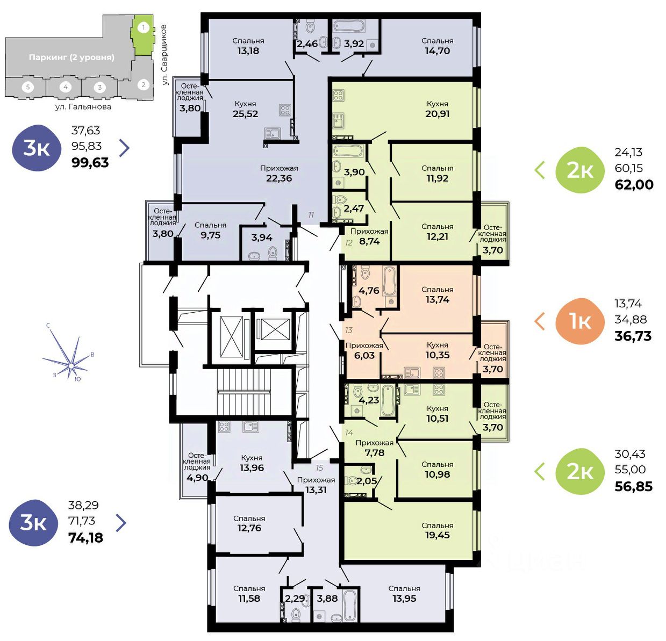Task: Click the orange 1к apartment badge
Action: tap(580, 321)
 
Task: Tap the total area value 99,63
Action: tap(90, 162)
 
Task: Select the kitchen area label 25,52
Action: tap(246, 114)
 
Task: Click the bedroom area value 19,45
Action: tap(438, 535)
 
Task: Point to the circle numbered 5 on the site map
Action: tap(28, 87)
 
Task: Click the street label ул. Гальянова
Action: tap(83, 107)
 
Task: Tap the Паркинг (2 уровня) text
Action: tap(71, 57)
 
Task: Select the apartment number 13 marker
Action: tap(349, 330)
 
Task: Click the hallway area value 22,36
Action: tap(279, 178)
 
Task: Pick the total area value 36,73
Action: tap(633, 336)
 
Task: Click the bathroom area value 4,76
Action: tap(369, 290)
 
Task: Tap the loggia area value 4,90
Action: tap(197, 478)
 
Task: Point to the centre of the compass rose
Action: tap(71, 366)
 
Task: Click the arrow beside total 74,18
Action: tap(121, 522)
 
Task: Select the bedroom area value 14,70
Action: tap(438, 51)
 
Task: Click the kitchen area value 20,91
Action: tap(438, 113)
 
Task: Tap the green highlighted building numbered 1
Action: tap(143, 35)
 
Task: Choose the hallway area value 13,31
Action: tap(316, 490)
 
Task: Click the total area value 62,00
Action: tap(634, 184)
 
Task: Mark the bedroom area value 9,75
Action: tap(211, 235)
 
